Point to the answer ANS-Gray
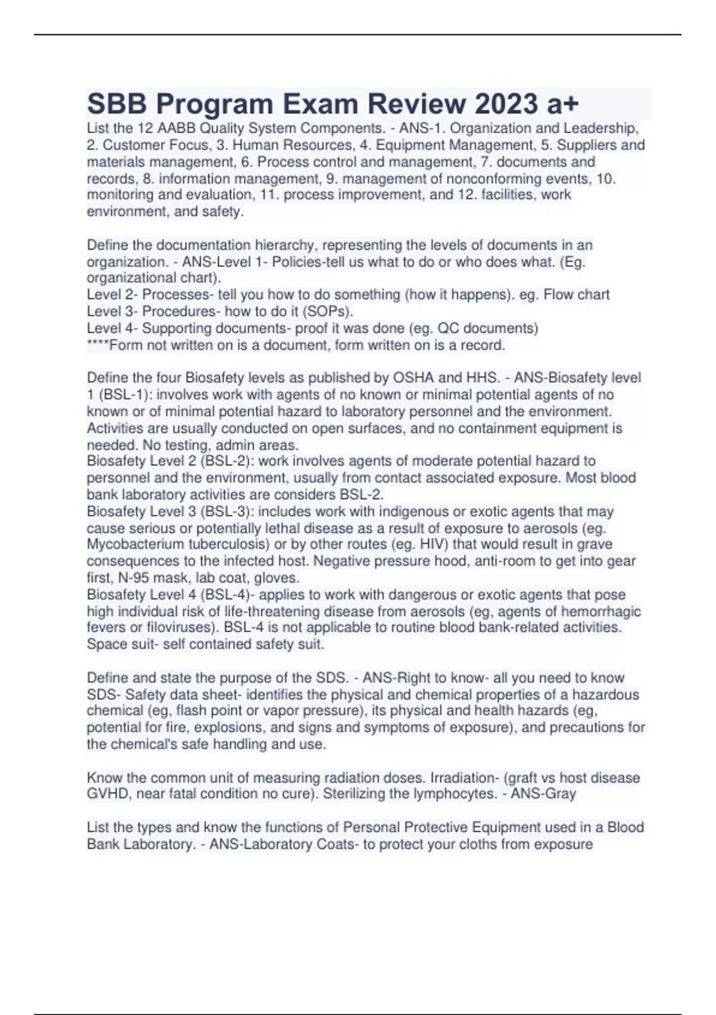[544, 794]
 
